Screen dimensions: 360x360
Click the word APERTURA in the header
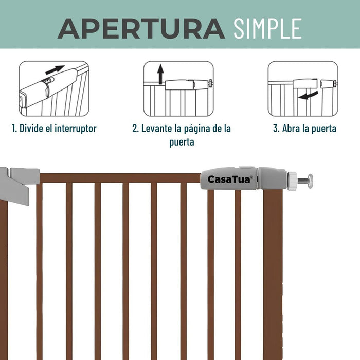(141, 28)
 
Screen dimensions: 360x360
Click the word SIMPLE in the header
(267, 28)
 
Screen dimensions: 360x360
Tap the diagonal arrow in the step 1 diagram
(55, 69)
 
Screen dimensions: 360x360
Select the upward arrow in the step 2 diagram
(160, 74)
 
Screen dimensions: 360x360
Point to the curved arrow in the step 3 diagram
(309, 95)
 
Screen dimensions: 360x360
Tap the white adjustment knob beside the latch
(292, 181)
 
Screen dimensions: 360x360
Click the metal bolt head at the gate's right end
(310, 181)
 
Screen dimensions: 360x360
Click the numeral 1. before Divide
(14, 129)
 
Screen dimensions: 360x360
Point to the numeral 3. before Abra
(276, 129)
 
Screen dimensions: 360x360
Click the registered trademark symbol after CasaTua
(251, 177)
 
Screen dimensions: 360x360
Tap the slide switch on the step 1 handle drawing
(48, 81)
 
